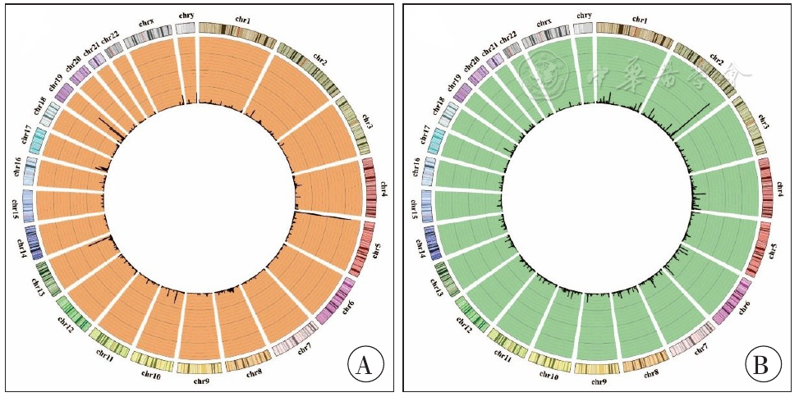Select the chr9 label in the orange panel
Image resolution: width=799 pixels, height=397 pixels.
point(200,381)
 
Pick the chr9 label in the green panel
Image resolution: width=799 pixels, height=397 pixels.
point(600,381)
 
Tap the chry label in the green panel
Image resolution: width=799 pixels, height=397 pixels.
point(585,15)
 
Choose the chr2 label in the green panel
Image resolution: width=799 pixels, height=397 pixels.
point(716,59)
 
